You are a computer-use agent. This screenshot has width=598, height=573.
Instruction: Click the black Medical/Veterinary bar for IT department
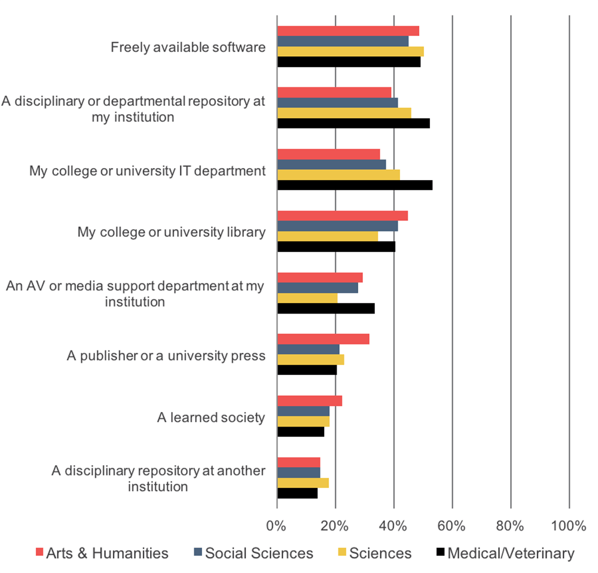point(355,185)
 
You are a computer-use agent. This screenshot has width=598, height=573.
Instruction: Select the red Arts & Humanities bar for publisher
point(323,339)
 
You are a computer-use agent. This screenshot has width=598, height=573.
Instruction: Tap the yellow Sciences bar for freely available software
point(350,51)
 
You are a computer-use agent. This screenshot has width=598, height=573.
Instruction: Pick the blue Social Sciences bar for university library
point(337,226)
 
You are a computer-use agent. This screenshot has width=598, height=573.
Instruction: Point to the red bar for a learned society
point(310,401)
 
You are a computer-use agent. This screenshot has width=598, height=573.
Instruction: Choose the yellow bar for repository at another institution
point(303,483)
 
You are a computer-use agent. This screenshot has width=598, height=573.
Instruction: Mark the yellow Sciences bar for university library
point(328,236)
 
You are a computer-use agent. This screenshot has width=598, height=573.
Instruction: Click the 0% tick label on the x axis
point(277,526)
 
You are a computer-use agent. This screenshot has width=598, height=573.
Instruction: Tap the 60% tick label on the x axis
point(452,526)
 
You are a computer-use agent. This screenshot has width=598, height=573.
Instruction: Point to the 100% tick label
point(569,526)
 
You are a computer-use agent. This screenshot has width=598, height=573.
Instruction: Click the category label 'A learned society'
point(210,417)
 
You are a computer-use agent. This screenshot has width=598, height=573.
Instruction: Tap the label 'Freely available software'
point(188,47)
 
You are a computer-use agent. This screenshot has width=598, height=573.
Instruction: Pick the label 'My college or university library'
point(171,232)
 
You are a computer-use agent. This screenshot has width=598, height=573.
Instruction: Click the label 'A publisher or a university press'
point(166,356)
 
